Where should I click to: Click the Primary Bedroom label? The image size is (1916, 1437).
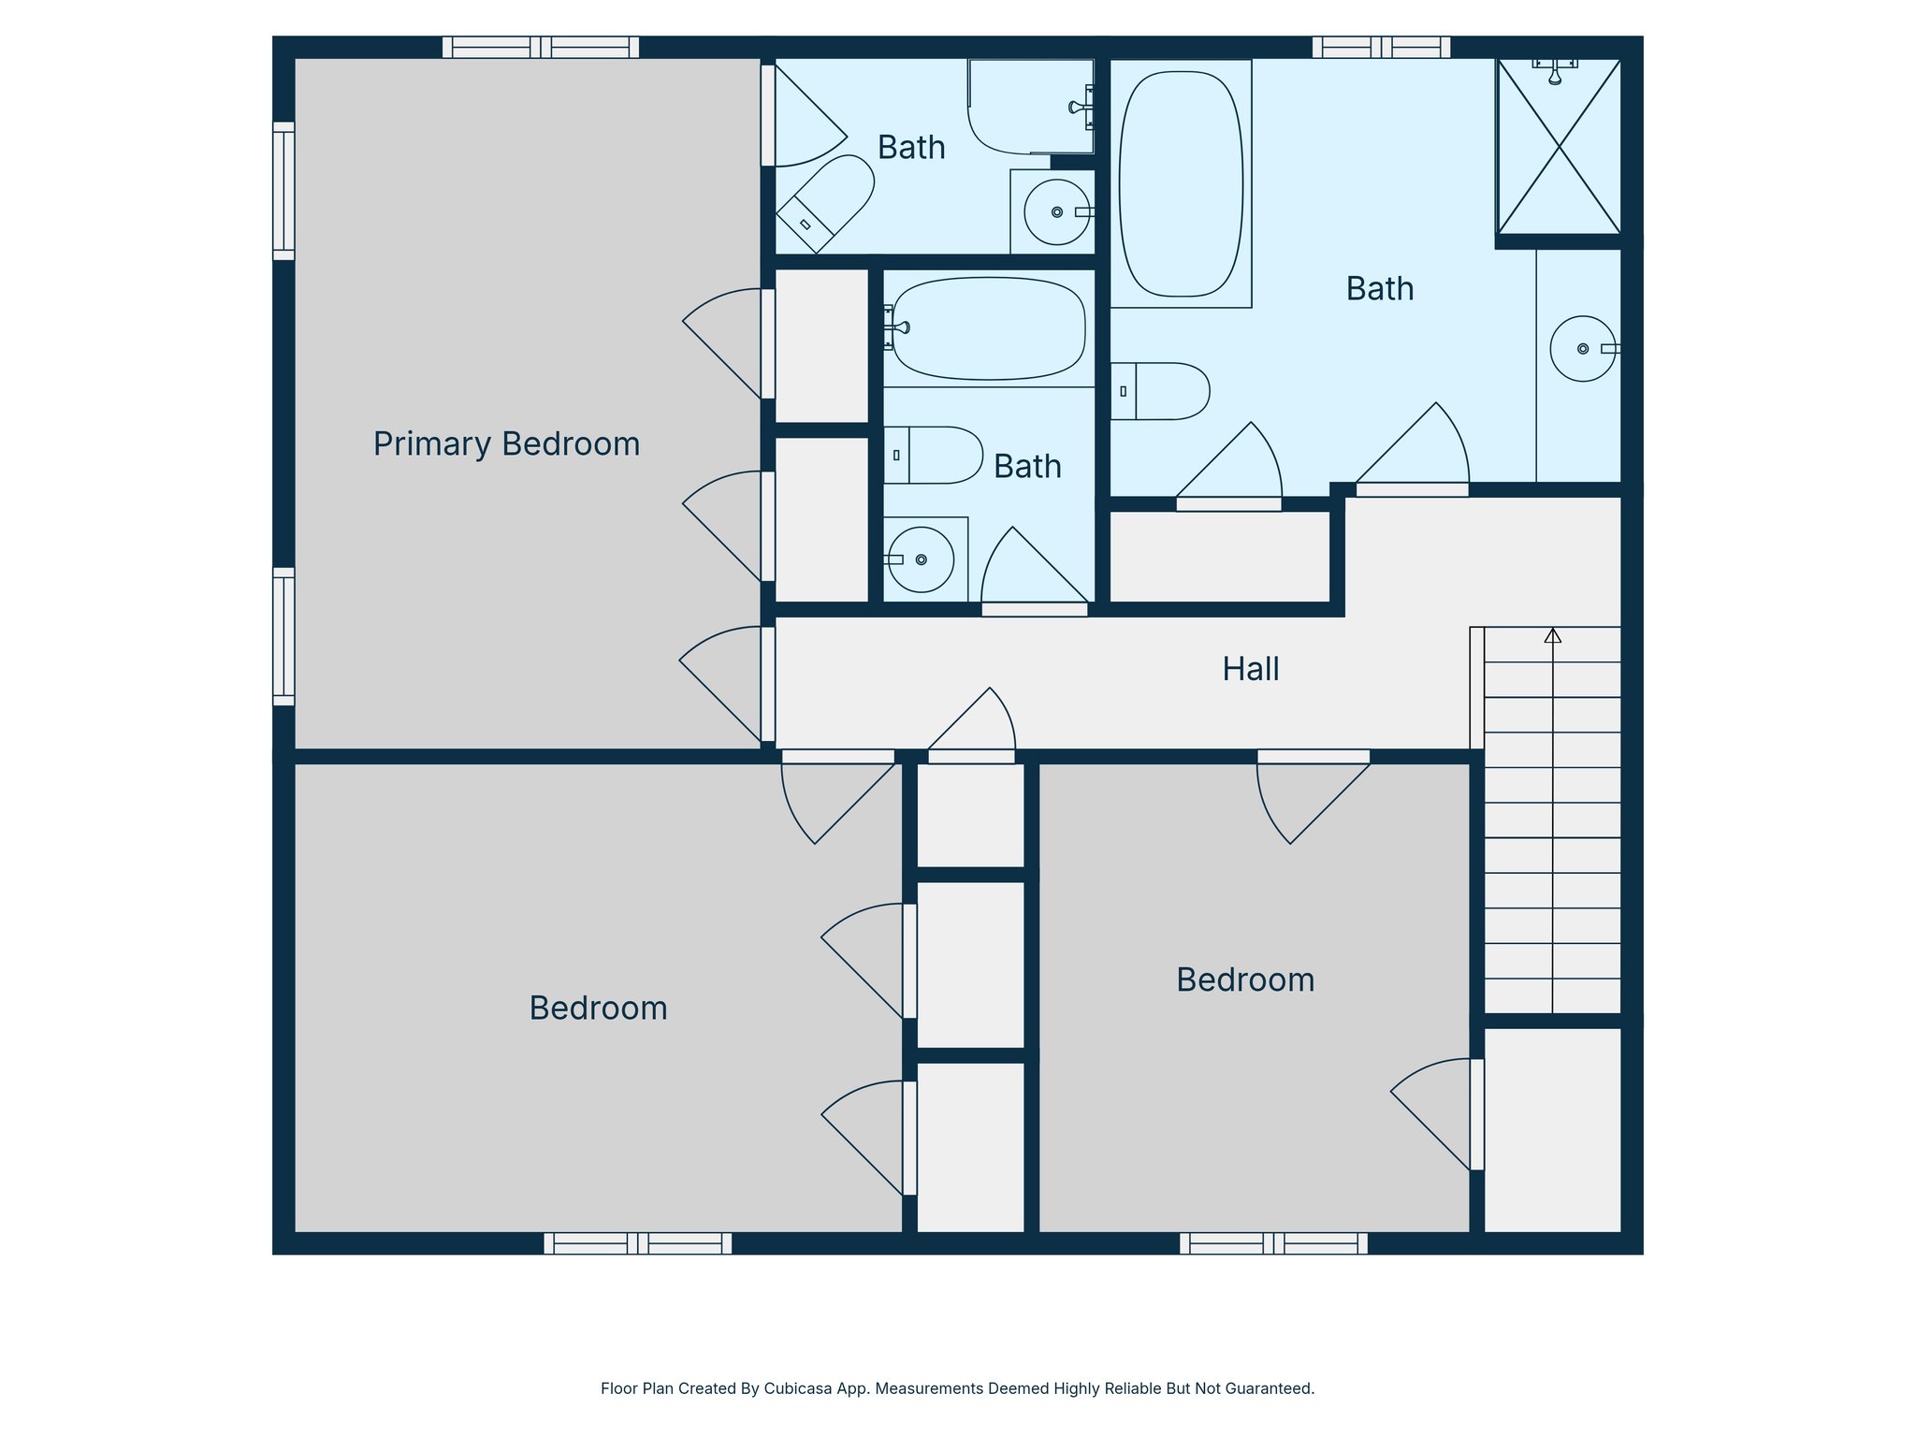tap(506, 443)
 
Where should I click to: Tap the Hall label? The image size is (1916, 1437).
tap(1250, 669)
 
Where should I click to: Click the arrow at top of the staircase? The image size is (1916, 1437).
tap(1553, 635)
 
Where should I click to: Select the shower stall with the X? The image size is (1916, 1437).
tap(1559, 147)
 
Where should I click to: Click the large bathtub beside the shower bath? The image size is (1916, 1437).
tap(1181, 184)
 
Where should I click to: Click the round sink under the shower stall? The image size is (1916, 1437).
tap(1582, 349)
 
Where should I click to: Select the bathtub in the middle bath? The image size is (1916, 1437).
tap(989, 328)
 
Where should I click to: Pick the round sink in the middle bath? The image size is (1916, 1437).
tap(921, 559)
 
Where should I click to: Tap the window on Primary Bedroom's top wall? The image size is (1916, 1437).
tap(541, 47)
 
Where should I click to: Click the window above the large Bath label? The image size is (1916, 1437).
tap(1381, 47)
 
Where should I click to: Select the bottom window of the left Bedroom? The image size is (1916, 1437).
tap(637, 1243)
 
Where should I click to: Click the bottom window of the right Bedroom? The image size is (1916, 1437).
tap(1273, 1243)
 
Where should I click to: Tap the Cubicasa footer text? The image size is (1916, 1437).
tap(957, 1388)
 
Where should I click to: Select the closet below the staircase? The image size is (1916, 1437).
tap(1552, 1130)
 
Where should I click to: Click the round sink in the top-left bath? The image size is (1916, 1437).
tap(1056, 212)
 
